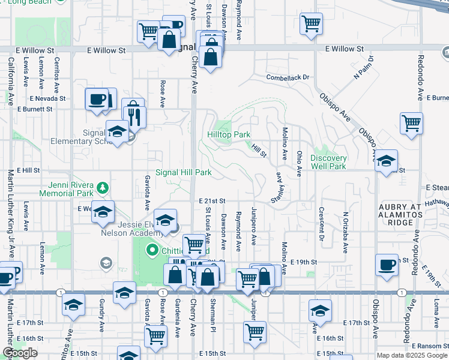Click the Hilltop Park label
pyautogui.click(x=229, y=135)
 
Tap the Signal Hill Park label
pyautogui.click(x=184, y=172)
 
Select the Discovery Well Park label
pyautogui.click(x=328, y=162)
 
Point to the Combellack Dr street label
pyautogui.click(x=288, y=77)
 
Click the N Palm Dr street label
pyautogui.click(x=364, y=67)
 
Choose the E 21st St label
pyautogui.click(x=212, y=201)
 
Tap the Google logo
pyautogui.click(x=20, y=353)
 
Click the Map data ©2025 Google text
pyautogui.click(x=412, y=355)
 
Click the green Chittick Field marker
pyautogui.click(x=152, y=250)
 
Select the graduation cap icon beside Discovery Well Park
pyautogui.click(x=387, y=160)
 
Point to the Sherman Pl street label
pyautogui.click(x=212, y=317)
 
